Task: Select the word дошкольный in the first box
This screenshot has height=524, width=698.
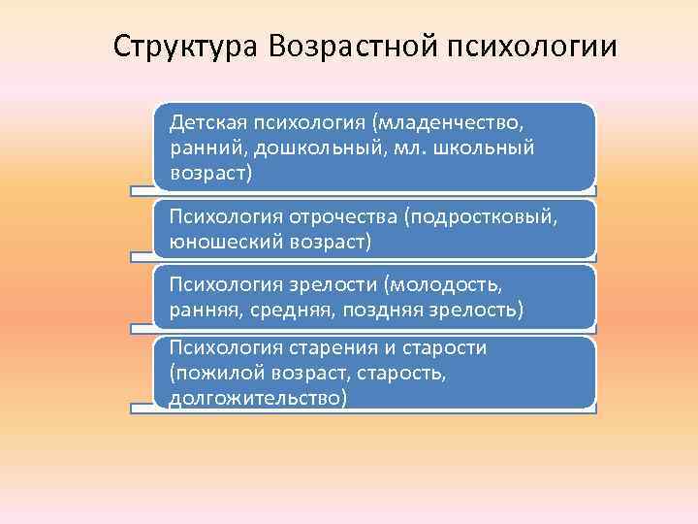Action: pos(308,147)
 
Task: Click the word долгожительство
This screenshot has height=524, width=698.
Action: pos(257,397)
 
